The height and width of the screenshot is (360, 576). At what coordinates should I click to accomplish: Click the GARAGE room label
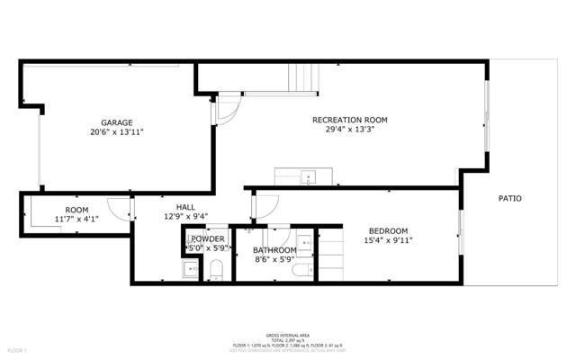(116, 122)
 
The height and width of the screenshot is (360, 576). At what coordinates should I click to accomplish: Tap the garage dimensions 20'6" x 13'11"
(116, 132)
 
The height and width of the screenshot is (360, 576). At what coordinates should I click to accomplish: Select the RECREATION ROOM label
(349, 120)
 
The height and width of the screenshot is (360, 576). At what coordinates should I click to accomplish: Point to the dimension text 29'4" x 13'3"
(349, 130)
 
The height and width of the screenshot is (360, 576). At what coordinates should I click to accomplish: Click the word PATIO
(510, 198)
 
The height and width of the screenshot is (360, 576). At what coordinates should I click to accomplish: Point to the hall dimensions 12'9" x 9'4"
(186, 216)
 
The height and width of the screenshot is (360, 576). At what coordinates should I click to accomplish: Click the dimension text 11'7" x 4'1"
(76, 218)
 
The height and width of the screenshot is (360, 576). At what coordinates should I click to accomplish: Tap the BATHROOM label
(274, 250)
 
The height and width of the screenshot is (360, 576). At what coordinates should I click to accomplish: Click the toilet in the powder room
(216, 269)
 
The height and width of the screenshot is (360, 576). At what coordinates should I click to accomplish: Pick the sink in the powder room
(190, 269)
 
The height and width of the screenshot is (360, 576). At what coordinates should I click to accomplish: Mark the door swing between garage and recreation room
(225, 112)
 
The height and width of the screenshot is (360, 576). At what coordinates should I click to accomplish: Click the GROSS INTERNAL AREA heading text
(288, 333)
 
